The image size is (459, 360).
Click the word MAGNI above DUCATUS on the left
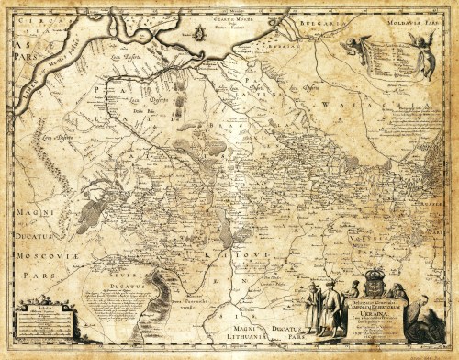coord(30,213)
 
